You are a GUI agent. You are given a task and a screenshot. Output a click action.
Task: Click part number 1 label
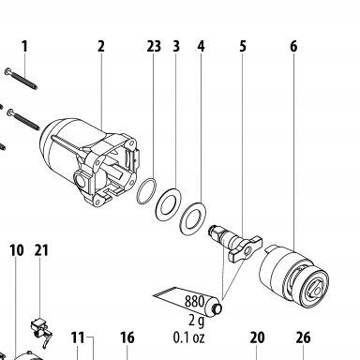click(x=24, y=47)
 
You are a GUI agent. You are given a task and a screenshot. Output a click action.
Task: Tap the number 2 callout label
click(x=100, y=47)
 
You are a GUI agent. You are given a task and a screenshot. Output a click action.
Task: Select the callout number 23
click(x=154, y=47)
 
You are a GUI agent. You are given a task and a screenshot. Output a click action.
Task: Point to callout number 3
click(x=176, y=47)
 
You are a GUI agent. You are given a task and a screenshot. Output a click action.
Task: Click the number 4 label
click(x=201, y=47)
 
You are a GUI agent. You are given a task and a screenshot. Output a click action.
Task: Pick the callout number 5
click(x=243, y=47)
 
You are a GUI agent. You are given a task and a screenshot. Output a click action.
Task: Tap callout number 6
click(x=293, y=47)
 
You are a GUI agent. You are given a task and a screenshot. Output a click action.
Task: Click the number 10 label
click(x=17, y=250)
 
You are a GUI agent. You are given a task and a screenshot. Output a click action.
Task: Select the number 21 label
click(x=41, y=250)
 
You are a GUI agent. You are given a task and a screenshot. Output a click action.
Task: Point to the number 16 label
click(x=127, y=337)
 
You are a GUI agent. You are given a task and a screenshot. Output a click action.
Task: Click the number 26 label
click(x=303, y=337)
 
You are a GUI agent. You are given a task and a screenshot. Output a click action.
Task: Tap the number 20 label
click(x=258, y=337)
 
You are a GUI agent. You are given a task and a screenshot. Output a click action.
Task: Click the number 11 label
click(x=78, y=337)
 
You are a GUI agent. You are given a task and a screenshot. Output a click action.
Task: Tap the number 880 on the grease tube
click(x=194, y=302)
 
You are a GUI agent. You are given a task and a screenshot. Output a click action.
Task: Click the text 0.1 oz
click(x=189, y=337)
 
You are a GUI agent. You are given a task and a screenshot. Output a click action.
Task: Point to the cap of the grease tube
click(x=217, y=308)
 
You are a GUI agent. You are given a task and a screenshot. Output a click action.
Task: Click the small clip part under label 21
click(x=41, y=331)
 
